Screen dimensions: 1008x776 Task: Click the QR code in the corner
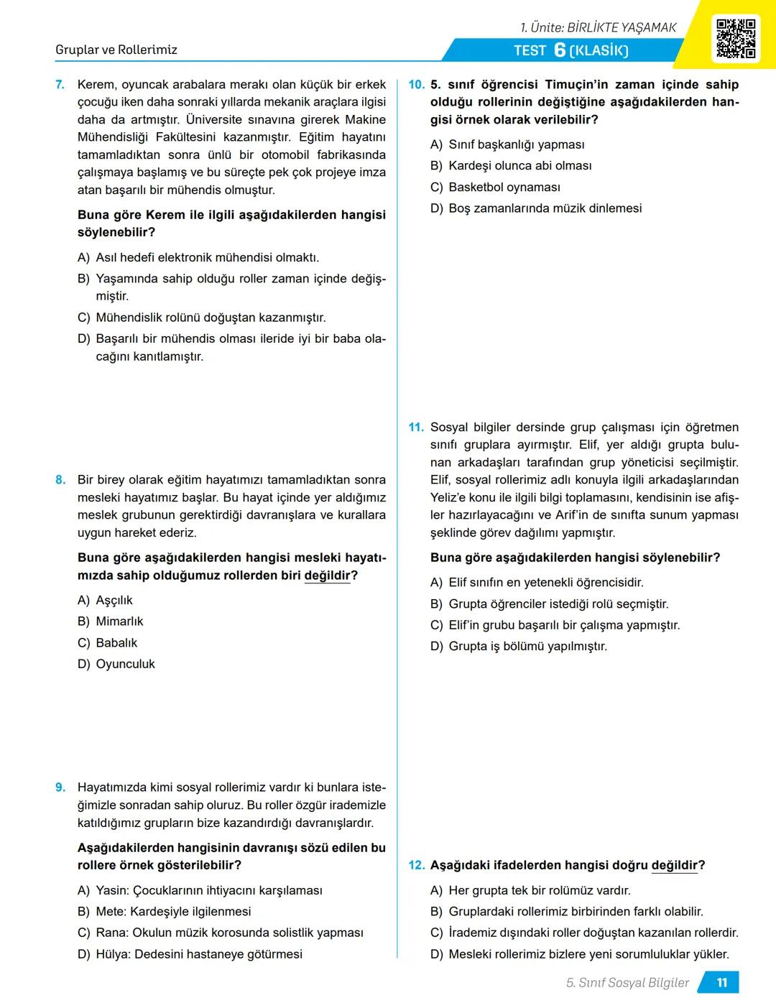736,38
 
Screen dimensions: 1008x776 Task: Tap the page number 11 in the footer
722,983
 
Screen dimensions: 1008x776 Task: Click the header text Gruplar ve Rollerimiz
116,50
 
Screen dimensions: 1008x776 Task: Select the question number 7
60,85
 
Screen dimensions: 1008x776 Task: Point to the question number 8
60,480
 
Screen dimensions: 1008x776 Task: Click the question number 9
60,787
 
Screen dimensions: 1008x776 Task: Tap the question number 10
416,85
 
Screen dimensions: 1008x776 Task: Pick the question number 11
416,427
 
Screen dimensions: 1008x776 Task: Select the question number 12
416,866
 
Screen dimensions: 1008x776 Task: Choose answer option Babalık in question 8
116,643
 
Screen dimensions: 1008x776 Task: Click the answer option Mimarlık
119,621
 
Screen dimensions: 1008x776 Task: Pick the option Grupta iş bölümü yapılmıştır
527,647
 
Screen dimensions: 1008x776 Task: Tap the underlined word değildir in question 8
327,575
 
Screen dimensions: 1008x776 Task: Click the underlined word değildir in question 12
674,866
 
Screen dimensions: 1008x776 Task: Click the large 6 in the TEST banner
560,50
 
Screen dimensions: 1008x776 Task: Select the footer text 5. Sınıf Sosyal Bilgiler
627,983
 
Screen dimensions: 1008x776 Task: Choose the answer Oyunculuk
125,665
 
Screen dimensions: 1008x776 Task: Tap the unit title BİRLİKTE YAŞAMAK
622,27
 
